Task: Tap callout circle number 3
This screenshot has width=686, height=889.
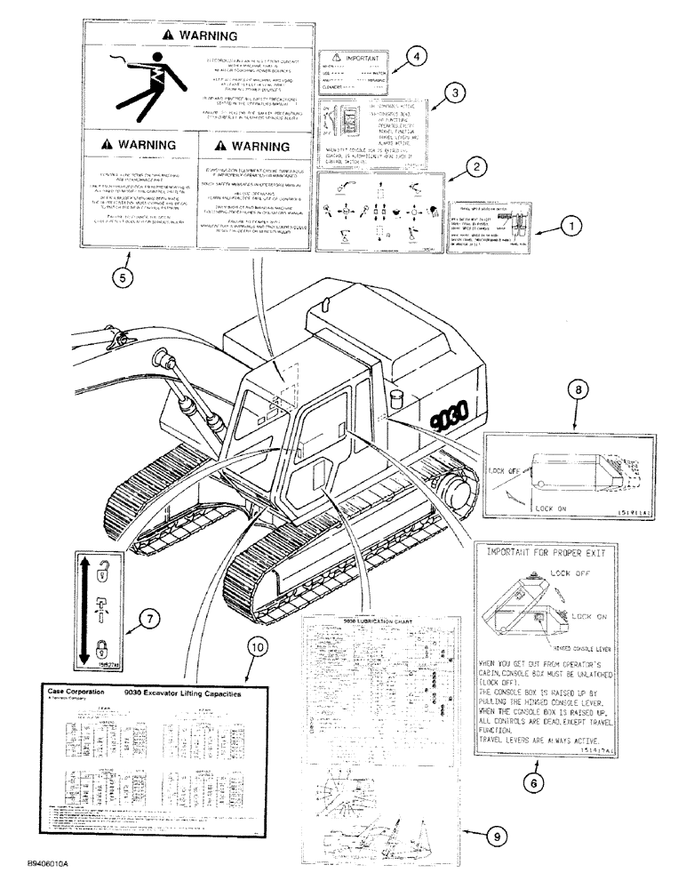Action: (454, 91)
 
